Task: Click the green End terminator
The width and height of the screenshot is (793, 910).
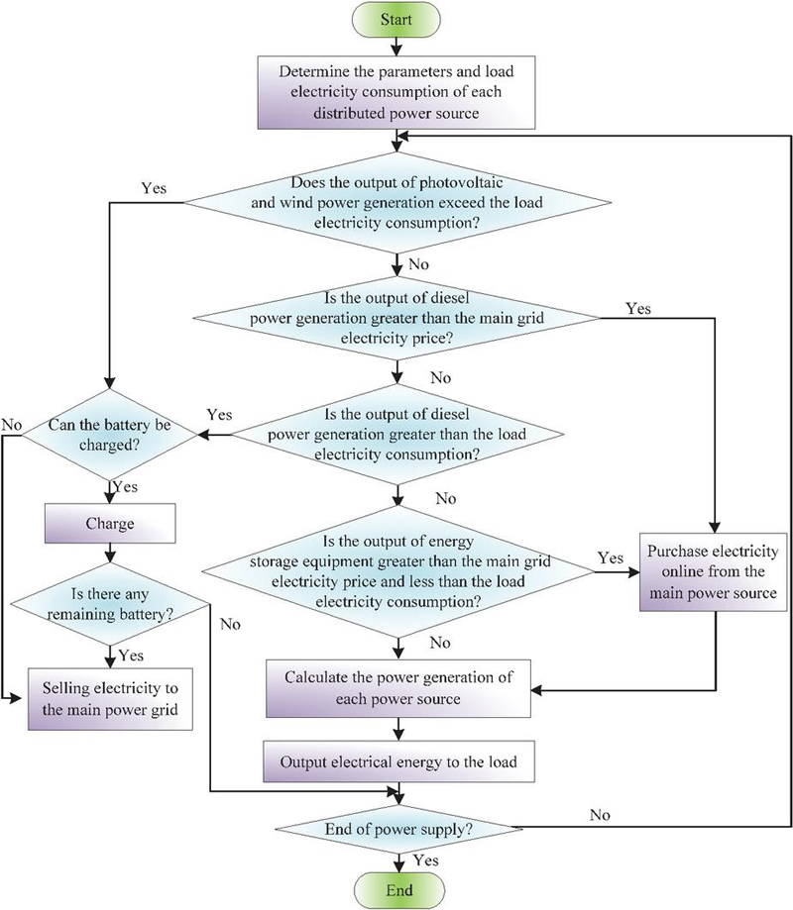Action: (397, 888)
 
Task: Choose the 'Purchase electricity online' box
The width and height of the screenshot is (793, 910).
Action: (713, 574)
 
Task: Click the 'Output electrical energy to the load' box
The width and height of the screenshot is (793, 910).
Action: (397, 763)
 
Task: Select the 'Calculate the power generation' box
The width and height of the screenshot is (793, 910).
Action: (397, 690)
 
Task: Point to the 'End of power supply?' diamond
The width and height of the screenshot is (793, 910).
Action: (397, 827)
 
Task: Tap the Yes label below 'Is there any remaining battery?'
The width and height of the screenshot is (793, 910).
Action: (130, 655)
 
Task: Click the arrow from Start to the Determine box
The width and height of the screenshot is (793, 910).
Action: (397, 47)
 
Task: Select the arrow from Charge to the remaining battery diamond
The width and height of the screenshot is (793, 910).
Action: (109, 552)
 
